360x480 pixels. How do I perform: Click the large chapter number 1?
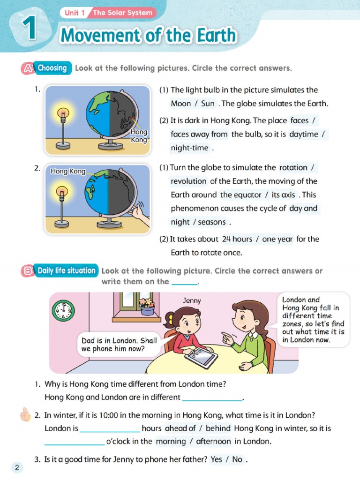coord(29,28)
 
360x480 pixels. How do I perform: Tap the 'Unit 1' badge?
coord(74,13)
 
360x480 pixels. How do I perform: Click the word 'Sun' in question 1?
coord(208,104)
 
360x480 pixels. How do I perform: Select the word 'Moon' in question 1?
coord(180,104)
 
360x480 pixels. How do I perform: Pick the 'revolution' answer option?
coord(188,181)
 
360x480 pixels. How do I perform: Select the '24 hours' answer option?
coord(237,239)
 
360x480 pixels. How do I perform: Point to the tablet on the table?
coord(201,358)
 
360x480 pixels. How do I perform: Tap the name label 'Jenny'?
coord(192,300)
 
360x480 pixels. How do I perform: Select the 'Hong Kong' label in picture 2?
coord(68,172)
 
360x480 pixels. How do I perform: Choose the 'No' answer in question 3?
coord(237,459)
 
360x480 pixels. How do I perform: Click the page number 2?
coord(17,467)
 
